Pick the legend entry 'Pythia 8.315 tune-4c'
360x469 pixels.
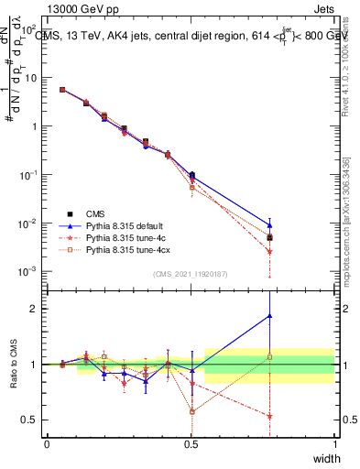point(125,236)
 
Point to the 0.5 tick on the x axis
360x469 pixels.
point(191,443)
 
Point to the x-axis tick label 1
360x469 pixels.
point(334,443)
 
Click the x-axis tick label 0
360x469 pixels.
point(47,443)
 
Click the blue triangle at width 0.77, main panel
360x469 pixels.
point(269,224)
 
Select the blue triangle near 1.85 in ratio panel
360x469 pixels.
point(269,316)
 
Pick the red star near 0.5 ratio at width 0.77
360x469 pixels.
point(269,416)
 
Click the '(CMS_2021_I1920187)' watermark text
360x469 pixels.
point(191,274)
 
